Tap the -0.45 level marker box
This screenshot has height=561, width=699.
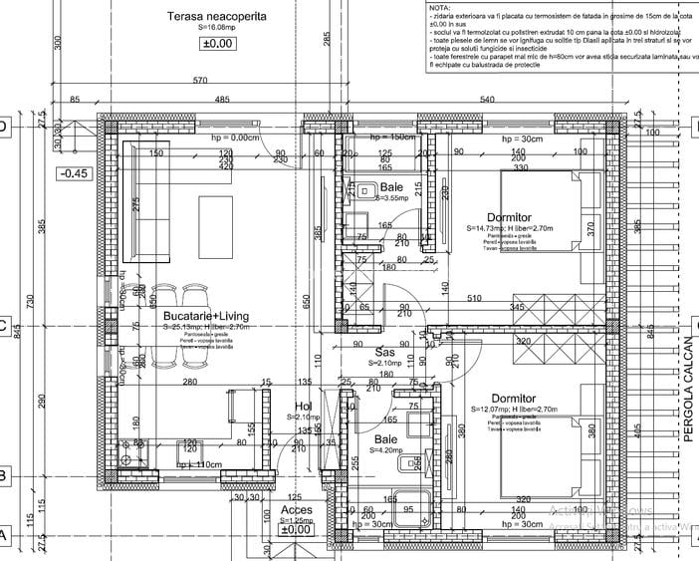pyautogui.click(x=75, y=173)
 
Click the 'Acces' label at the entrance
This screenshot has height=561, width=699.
pyautogui.click(x=269, y=509)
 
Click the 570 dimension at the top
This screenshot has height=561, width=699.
pyautogui.click(x=199, y=80)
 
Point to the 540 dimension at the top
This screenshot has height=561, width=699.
pyautogui.click(x=488, y=100)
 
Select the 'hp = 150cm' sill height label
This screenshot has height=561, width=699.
pyautogui.click(x=390, y=137)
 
